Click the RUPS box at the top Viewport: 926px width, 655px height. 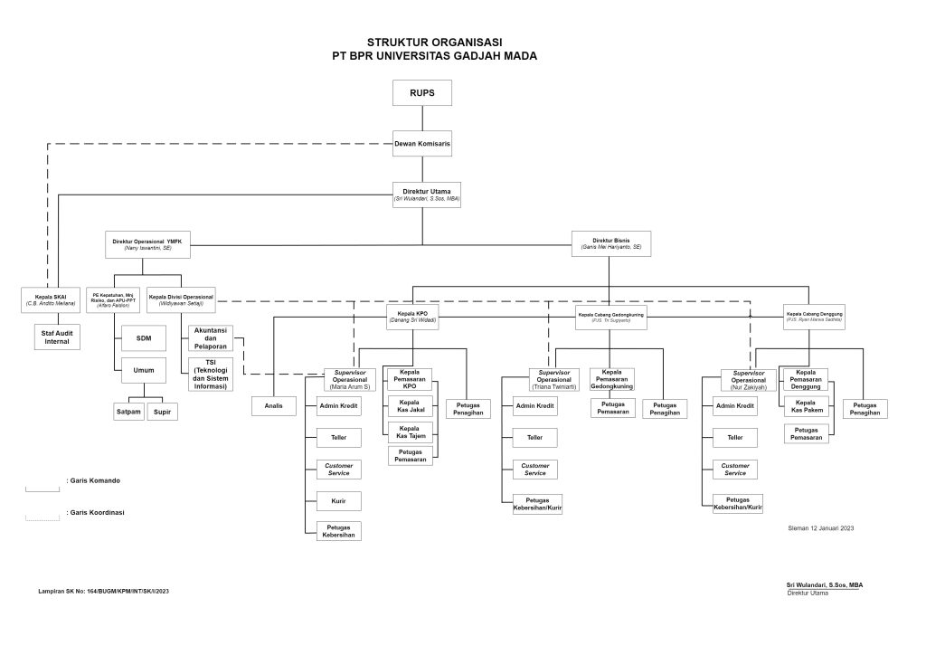pyautogui.click(x=421, y=93)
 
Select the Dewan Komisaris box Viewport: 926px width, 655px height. pyautogui.click(x=421, y=144)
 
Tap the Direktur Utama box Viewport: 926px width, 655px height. pyautogui.click(x=426, y=195)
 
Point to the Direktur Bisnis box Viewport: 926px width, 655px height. pyautogui.click(x=610, y=243)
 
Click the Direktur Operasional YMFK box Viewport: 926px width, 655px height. pyautogui.click(x=148, y=244)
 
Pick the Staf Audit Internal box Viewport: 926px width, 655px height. pyautogui.click(x=56, y=337)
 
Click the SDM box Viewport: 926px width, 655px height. pyautogui.click(x=144, y=338)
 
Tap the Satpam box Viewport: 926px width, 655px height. pyautogui.click(x=128, y=412)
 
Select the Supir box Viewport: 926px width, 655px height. pyautogui.click(x=163, y=412)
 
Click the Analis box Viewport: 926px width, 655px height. pyautogui.click(x=274, y=406)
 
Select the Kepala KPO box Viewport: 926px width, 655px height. pyautogui.click(x=412, y=317)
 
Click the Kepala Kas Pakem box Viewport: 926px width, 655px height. pyautogui.click(x=808, y=405)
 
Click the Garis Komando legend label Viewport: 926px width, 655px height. pyautogui.click(x=94, y=480)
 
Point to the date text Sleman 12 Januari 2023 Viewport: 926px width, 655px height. pyautogui.click(x=821, y=527)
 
